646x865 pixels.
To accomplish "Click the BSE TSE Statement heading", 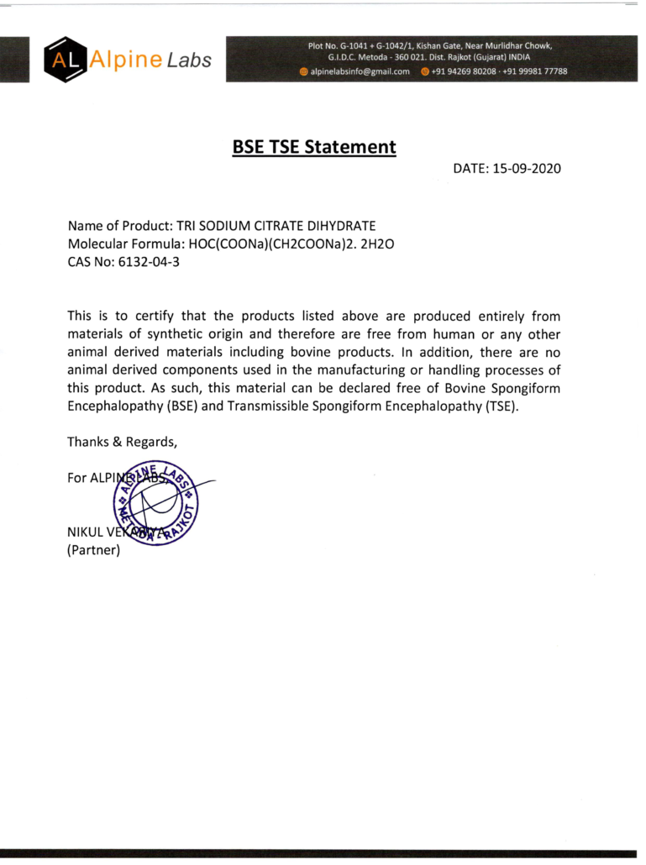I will pos(313,147).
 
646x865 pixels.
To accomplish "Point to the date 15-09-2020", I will pos(527,169).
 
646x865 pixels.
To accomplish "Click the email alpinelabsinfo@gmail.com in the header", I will pos(360,71).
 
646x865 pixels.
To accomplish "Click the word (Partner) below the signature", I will pos(94,551).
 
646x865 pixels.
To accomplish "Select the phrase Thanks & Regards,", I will pos(122,441).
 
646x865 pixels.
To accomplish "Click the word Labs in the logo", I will pos(189,60).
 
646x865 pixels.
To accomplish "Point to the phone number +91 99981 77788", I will pos(535,71).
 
